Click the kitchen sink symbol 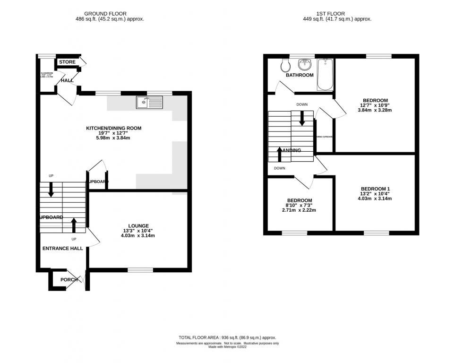pyautogui.click(x=149, y=102)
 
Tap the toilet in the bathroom pyautogui.click(x=284, y=64)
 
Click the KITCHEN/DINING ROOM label pyautogui.click(x=113, y=128)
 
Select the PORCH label pyautogui.click(x=69, y=279)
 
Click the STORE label pyautogui.click(x=67, y=62)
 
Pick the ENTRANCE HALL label pyautogui.click(x=63, y=248)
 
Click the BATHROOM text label pyautogui.click(x=300, y=75)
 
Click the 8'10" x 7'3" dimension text pyautogui.click(x=299, y=205)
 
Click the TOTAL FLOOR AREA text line pyautogui.click(x=227, y=337)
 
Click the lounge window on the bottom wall pyautogui.click(x=140, y=270)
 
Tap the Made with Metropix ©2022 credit pyautogui.click(x=227, y=348)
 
